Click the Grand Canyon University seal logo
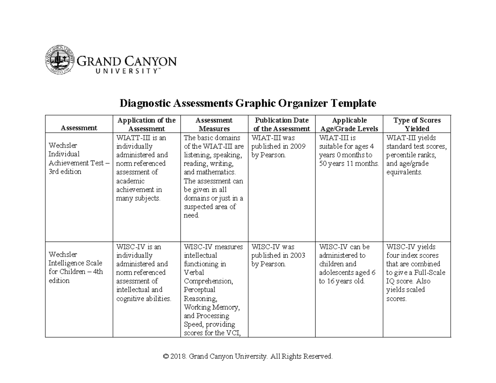[x=60, y=60]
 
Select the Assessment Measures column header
[x=214, y=124]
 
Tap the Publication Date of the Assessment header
[x=281, y=124]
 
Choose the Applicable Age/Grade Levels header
[x=349, y=124]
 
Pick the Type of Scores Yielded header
[x=417, y=124]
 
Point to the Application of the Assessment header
[x=147, y=124]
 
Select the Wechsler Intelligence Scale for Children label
[x=76, y=267]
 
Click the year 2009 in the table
[x=298, y=146]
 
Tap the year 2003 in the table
[x=298, y=255]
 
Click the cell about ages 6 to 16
[x=347, y=264]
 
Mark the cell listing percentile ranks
[x=416, y=155]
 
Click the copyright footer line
[x=248, y=356]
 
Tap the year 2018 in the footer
[x=178, y=356]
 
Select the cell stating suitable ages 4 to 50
[x=349, y=151]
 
